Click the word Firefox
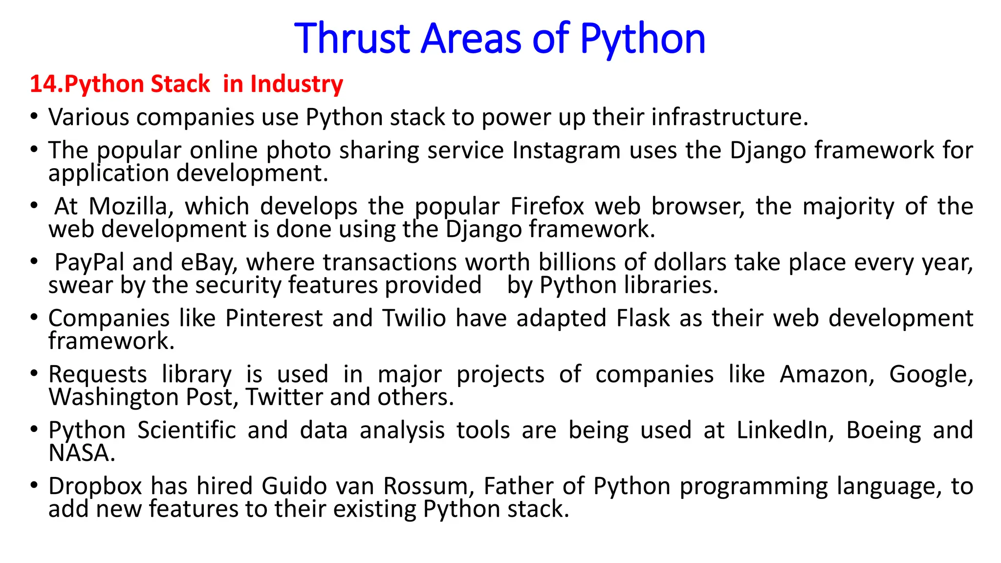547,206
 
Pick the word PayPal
89,262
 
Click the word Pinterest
274,318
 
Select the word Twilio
414,318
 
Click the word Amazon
827,375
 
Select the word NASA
81,453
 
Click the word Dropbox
95,486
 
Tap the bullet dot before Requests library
34,374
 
